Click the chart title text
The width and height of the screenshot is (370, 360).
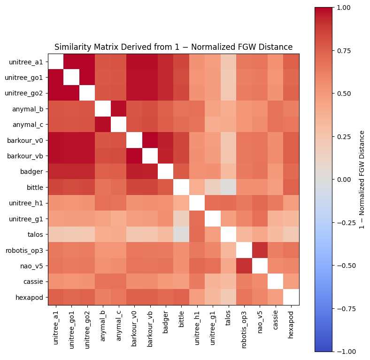[173, 47]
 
